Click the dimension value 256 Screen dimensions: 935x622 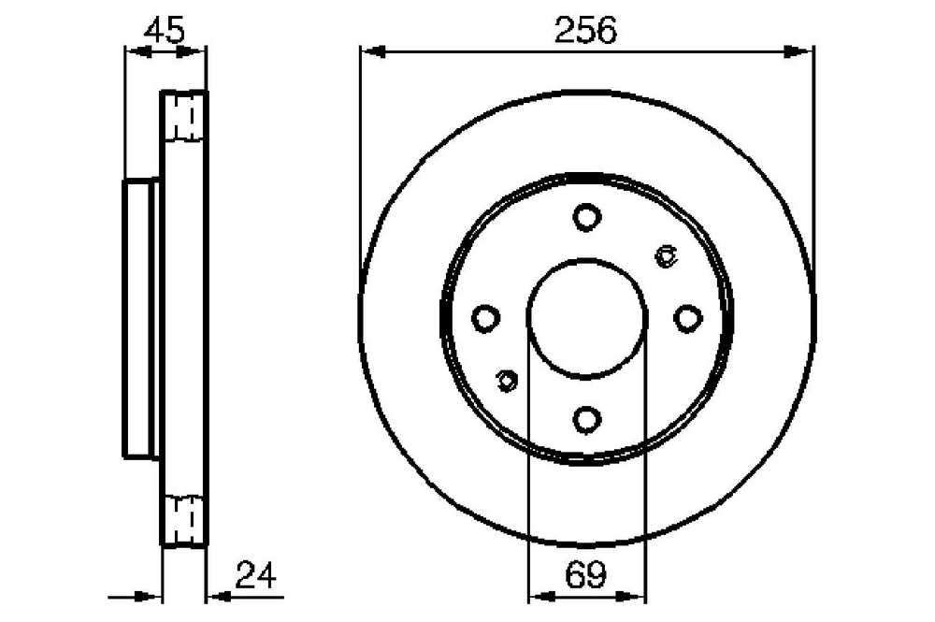[x=585, y=31]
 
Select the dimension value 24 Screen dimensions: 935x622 [x=256, y=575]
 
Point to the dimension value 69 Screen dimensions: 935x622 [x=585, y=575]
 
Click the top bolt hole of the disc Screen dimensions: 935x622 [x=587, y=216]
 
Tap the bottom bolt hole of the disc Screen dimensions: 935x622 [x=587, y=419]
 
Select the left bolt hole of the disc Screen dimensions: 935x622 [x=485, y=318]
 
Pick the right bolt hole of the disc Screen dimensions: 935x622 [x=687, y=318]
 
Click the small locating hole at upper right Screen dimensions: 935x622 [x=666, y=256]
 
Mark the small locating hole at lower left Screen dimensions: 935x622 [x=507, y=380]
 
